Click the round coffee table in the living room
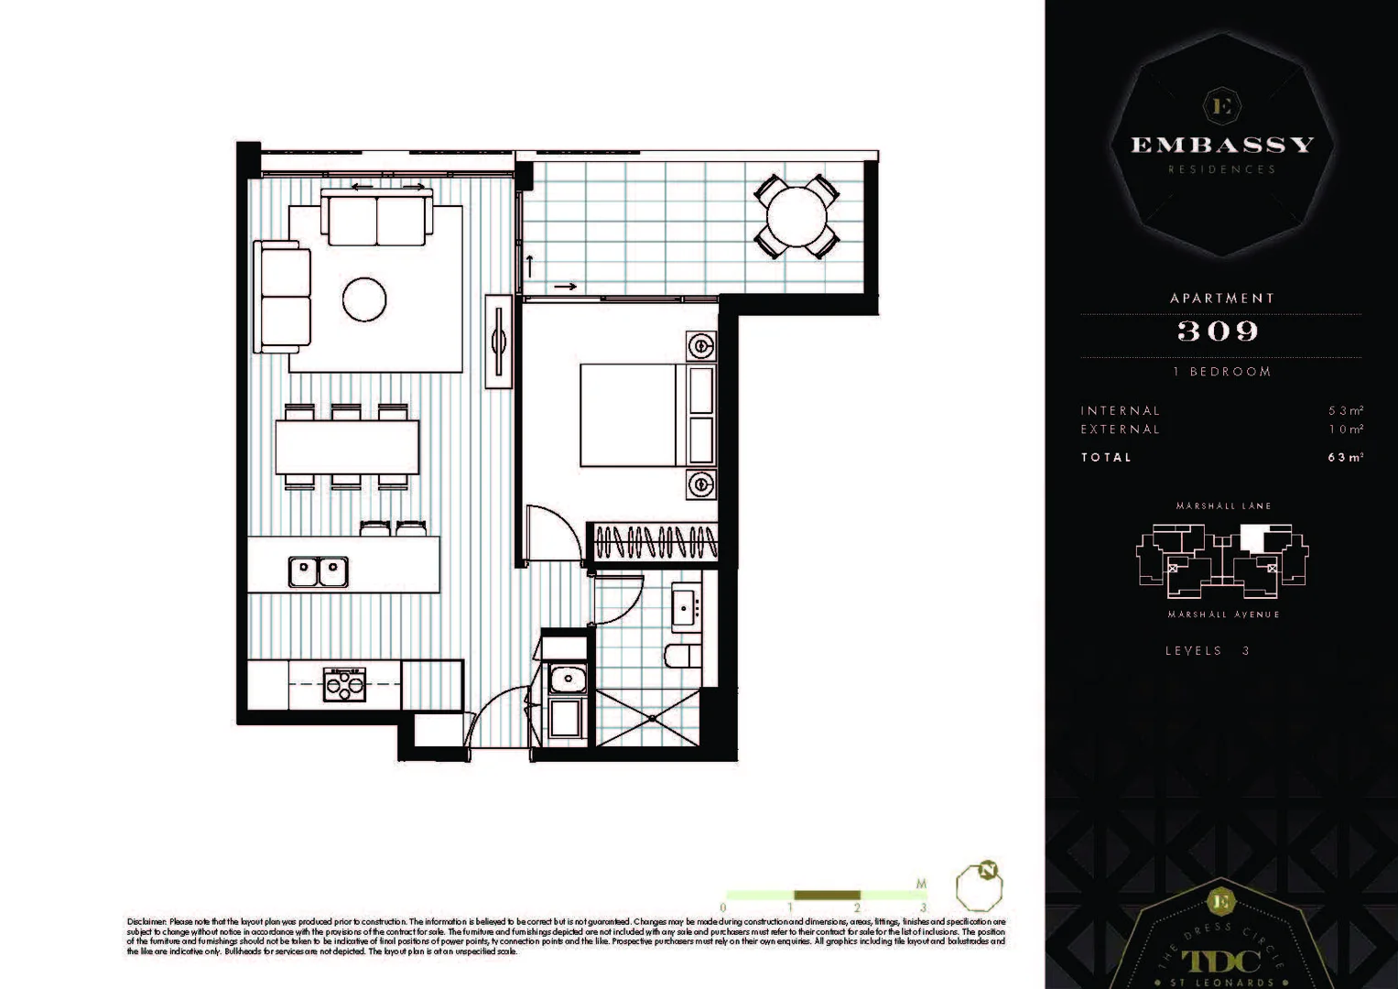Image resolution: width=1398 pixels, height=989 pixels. coord(364,299)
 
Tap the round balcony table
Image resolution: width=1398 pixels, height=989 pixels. coord(797,217)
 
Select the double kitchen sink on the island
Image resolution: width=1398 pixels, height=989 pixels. coord(319,571)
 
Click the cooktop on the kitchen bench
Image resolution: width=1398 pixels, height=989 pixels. coord(345,684)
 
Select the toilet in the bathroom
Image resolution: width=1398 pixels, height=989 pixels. coord(682,656)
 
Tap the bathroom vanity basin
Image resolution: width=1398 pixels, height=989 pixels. coord(687,608)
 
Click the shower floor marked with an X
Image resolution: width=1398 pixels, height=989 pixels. coord(648,717)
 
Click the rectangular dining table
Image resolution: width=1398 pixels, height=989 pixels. coord(347,447)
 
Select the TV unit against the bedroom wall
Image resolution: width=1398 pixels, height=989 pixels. coord(499,342)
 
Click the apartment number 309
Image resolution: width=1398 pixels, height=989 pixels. coord(1219,331)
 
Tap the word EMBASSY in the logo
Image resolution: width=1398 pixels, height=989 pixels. coord(1222,145)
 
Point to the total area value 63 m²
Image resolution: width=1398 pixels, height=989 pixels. coord(1345,457)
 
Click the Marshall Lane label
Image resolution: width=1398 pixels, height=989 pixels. coord(1223,505)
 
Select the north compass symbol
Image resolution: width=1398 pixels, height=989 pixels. coord(980,885)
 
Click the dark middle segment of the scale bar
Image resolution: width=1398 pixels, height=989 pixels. coord(827,895)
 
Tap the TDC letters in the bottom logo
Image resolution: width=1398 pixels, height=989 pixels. coord(1220,960)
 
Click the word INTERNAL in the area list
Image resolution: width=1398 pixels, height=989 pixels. coord(1120,411)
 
